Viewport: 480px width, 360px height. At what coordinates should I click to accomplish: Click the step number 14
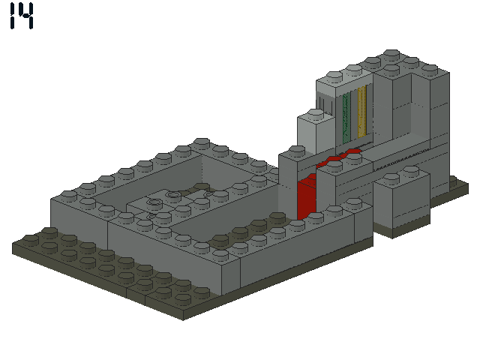[x=22, y=16]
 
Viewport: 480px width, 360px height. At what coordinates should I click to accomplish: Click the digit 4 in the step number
[x=27, y=16]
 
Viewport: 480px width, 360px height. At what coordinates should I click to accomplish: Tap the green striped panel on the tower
[x=346, y=118]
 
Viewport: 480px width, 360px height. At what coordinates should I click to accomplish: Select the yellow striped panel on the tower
[x=361, y=112]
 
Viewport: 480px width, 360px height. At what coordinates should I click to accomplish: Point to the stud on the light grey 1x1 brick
[x=315, y=113]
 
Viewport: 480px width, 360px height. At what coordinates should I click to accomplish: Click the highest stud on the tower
[x=392, y=54]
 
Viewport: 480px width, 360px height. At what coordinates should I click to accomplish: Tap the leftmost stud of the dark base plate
[x=31, y=239]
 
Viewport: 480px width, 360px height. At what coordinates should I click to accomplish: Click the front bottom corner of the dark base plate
[x=183, y=320]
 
